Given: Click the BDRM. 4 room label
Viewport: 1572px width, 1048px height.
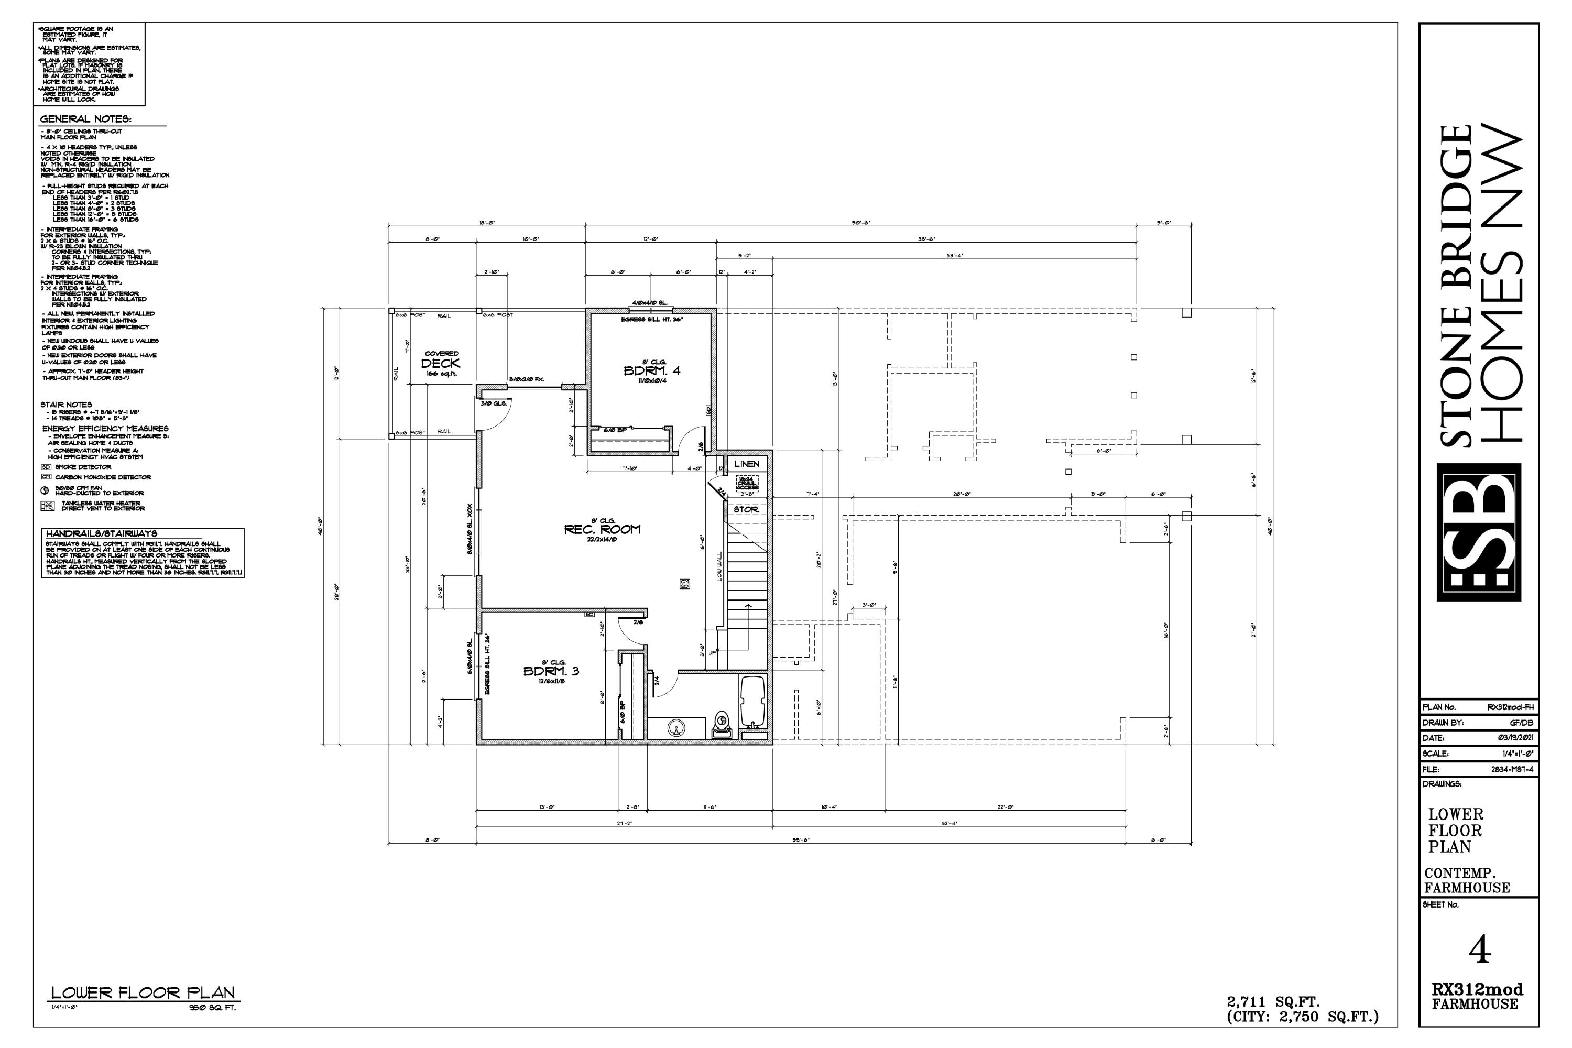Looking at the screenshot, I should pyautogui.click(x=652, y=371).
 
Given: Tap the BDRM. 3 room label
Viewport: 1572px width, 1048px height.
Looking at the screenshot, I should pyautogui.click(x=551, y=671).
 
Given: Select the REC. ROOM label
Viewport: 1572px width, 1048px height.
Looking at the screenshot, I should pyautogui.click(x=602, y=529).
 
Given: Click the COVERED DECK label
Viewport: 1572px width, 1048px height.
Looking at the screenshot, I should pyautogui.click(x=441, y=363).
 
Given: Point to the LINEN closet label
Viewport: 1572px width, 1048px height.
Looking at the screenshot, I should pyautogui.click(x=747, y=464).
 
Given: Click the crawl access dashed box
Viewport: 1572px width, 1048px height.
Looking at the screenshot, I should pyautogui.click(x=747, y=483).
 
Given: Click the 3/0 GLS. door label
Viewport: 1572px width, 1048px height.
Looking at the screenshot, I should pyautogui.click(x=493, y=403).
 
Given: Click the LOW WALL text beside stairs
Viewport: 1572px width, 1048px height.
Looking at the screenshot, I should pyautogui.click(x=720, y=566).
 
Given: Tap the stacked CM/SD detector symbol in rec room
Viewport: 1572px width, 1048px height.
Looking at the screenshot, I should pyautogui.click(x=684, y=584).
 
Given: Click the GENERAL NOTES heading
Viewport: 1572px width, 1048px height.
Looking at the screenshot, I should pyautogui.click(x=85, y=119).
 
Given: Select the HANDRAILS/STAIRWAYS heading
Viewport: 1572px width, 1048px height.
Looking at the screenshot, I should pyautogui.click(x=101, y=533).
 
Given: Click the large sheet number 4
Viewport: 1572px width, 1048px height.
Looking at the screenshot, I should pyautogui.click(x=1480, y=949).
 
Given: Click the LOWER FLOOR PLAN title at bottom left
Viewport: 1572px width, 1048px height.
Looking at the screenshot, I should pyautogui.click(x=143, y=993).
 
